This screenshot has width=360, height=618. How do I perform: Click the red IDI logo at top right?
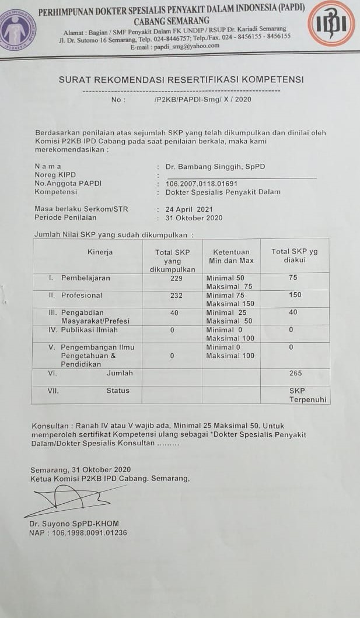point(331,24)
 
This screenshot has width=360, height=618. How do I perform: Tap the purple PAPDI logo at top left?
point(18,29)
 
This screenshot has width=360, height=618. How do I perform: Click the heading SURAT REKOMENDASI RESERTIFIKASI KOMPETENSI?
point(181,80)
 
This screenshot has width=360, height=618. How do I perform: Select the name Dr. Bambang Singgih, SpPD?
point(215,167)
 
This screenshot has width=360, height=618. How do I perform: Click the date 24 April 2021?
point(189,209)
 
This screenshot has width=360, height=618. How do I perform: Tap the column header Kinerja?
point(100,252)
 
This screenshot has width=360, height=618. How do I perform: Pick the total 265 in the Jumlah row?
point(295,373)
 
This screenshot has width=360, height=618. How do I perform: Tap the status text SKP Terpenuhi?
point(308,395)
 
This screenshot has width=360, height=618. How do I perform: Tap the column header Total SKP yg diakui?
point(295,256)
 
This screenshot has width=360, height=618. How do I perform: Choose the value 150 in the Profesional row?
point(295,296)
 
